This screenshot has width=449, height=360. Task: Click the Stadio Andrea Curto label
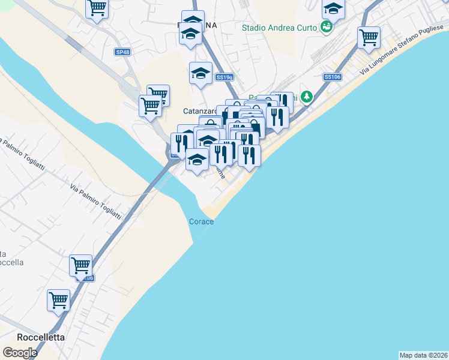(279, 27)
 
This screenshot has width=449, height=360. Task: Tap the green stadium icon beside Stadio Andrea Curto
(326, 27)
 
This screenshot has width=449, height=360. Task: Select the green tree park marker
(307, 97)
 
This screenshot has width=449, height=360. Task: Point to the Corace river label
(202, 221)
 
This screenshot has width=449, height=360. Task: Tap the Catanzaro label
(200, 112)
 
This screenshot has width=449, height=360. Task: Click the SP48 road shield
(122, 52)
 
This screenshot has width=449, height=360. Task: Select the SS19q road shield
(224, 77)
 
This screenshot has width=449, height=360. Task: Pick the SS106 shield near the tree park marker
(332, 77)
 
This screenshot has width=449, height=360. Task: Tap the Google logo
(20, 353)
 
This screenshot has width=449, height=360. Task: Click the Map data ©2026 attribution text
(423, 355)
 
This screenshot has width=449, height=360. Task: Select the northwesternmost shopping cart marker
(97, 9)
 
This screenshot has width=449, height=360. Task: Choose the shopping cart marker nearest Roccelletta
(59, 300)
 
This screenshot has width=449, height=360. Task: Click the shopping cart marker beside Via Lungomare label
(369, 38)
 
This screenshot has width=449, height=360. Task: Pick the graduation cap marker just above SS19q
(200, 73)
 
